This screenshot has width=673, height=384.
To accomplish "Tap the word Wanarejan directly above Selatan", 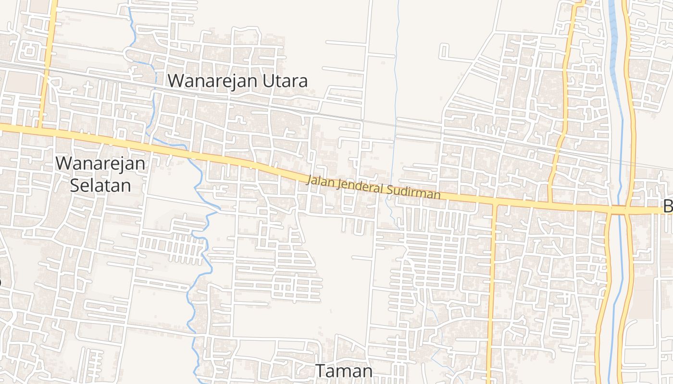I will click(x=100, y=163).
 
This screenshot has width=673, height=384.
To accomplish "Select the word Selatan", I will click(x=100, y=185).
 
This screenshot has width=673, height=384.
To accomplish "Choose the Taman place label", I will click(x=344, y=371).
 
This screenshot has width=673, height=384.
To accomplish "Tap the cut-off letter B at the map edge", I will click(x=668, y=207).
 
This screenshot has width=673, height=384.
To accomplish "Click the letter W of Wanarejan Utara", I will click(x=175, y=81).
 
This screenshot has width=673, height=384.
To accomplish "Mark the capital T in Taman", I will click(x=321, y=371).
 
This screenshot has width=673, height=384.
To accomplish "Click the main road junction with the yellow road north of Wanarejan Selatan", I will click(x=40, y=129).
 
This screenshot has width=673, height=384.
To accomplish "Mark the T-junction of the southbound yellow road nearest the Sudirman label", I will click(x=494, y=204).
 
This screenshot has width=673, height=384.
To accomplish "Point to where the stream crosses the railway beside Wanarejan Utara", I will click(x=155, y=90).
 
